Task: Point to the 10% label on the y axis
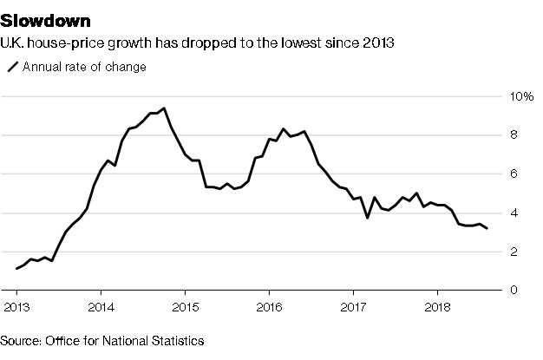520,96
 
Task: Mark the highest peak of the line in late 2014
164,108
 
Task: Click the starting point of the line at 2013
16,269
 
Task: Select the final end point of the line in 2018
487,228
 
